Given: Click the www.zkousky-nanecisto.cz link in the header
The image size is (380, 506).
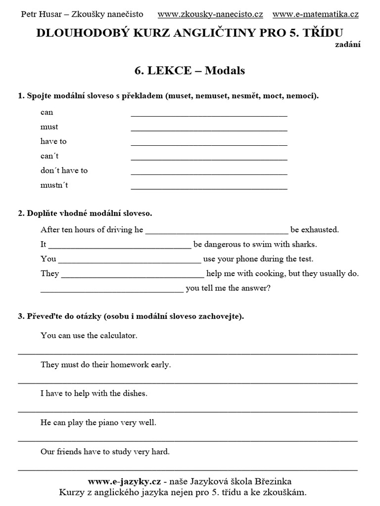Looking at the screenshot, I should [x=210, y=14].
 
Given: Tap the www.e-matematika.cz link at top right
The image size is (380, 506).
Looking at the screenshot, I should [x=315, y=14].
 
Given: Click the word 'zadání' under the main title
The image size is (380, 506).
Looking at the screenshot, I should [x=349, y=44].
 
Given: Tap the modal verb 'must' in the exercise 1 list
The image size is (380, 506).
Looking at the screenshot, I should [x=49, y=127].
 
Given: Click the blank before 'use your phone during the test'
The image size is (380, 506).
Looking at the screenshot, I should [x=130, y=261].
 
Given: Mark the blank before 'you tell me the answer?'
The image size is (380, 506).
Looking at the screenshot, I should [x=111, y=291].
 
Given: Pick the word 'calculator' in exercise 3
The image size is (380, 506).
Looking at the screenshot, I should [x=117, y=336].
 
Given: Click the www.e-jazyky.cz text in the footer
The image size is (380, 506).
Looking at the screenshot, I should [x=125, y=481].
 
